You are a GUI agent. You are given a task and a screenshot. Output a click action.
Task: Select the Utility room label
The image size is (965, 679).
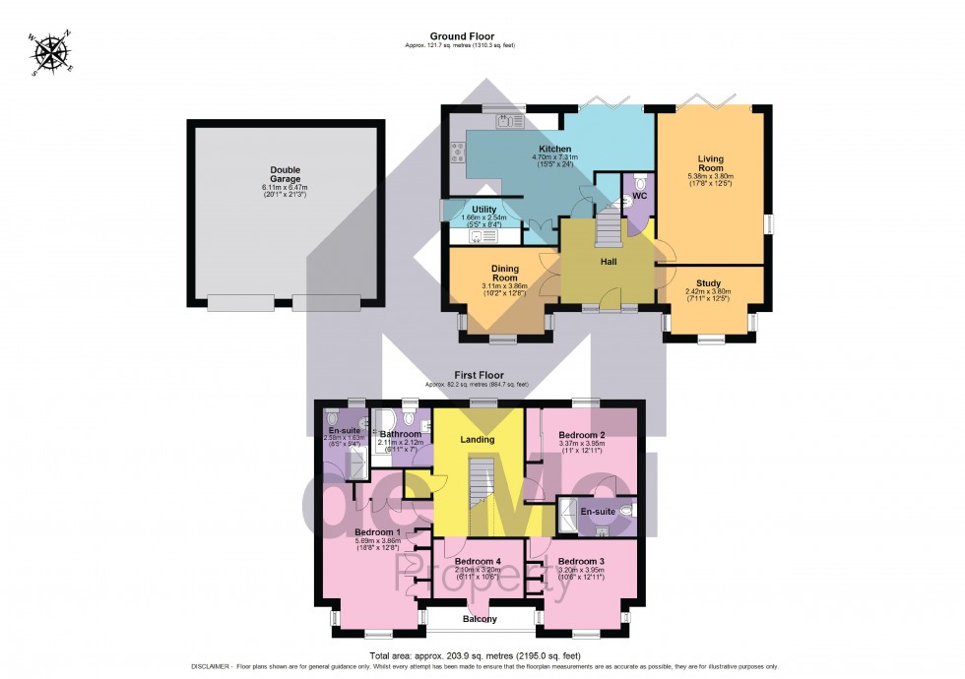pyautogui.click(x=483, y=209)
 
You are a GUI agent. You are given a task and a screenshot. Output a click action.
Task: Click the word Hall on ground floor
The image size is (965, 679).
pyautogui.click(x=609, y=262)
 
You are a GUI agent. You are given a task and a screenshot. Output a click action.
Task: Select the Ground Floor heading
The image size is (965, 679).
pyautogui.click(x=461, y=36)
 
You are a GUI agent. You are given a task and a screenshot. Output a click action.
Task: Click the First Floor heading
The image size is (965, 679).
pyautogui.click(x=479, y=375)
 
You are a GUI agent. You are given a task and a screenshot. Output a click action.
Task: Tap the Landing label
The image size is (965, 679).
pyautogui.click(x=478, y=439)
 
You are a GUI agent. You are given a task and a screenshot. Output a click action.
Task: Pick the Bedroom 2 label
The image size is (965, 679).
pyautogui.click(x=581, y=434)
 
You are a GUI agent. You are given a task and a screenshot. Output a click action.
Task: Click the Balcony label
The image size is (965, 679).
pyautogui.click(x=481, y=619)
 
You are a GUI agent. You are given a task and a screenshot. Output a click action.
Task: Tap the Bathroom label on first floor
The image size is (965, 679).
pyautogui.click(x=401, y=434)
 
